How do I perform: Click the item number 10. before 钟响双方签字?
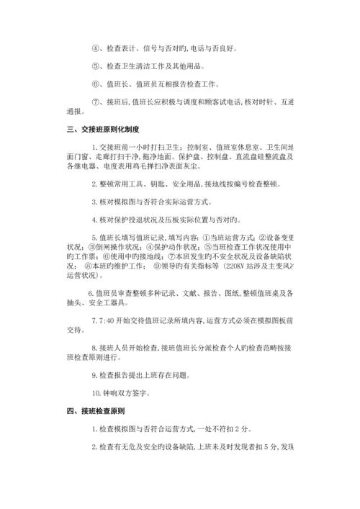pyautogui.click(x=97, y=393)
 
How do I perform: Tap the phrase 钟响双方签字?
pyautogui.click(x=127, y=393)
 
